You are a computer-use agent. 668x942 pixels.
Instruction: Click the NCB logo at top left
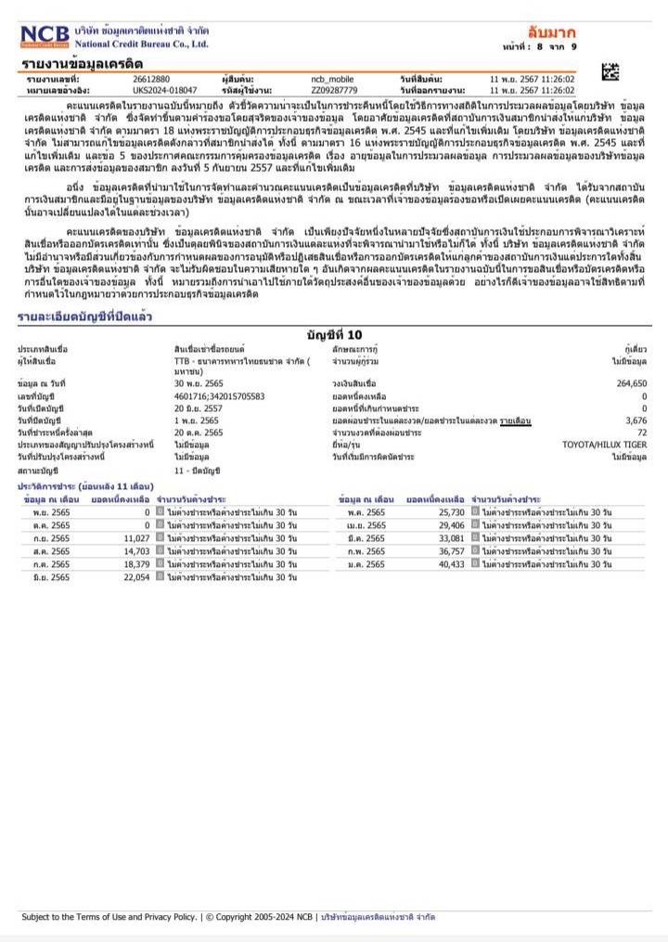coord(43,36)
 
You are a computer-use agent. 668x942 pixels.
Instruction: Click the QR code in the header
coord(610,71)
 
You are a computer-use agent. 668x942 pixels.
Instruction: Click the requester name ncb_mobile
coord(331,80)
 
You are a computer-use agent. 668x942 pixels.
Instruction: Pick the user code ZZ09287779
coord(334,90)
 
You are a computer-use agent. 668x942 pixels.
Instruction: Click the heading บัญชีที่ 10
coord(333,333)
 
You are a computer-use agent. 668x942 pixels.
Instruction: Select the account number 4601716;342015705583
coord(219,395)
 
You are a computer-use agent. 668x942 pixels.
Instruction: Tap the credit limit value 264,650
coord(631,382)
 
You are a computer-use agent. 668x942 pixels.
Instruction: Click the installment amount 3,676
coord(636,420)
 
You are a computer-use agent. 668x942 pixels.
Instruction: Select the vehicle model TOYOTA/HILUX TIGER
coord(605,445)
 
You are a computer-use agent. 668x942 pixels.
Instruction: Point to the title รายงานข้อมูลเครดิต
coord(82,63)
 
